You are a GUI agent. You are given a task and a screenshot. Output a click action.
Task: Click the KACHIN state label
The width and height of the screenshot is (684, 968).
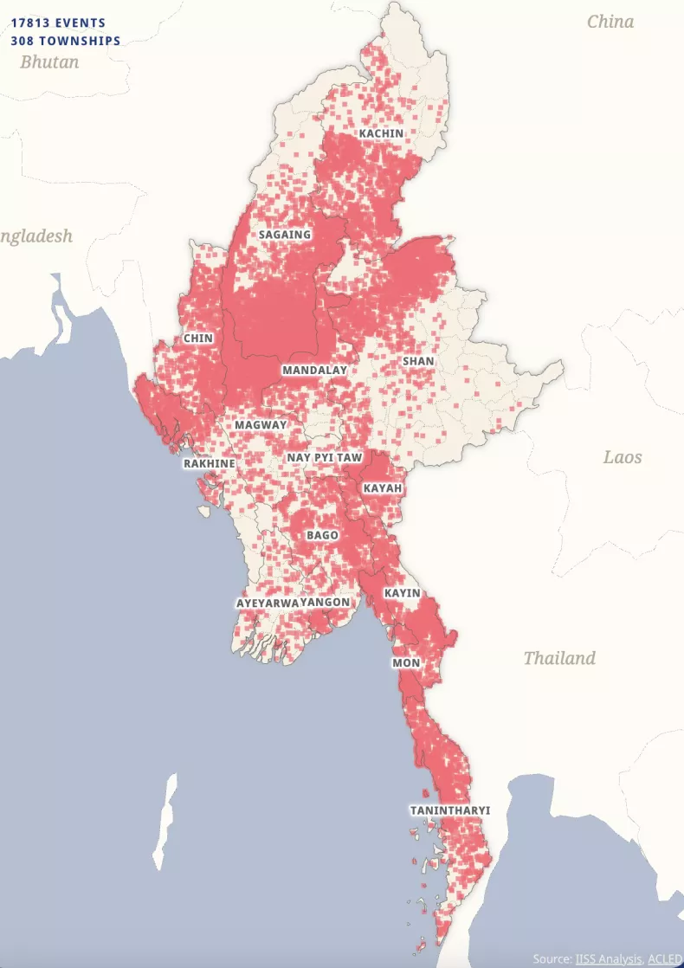(381, 133)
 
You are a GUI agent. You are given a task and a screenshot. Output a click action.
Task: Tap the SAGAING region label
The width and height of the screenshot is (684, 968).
(285, 235)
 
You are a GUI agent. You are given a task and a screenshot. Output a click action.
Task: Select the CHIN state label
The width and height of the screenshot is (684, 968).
(197, 339)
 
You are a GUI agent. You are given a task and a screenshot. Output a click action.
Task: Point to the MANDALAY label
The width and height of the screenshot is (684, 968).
(314, 371)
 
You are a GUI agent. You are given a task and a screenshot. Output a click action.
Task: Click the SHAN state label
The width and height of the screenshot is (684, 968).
(418, 361)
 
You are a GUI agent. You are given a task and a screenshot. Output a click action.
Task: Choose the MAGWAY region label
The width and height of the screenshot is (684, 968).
(261, 426)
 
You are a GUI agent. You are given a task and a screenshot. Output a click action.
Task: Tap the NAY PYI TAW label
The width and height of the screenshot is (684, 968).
(325, 457)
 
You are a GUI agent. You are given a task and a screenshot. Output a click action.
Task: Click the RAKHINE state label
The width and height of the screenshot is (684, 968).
(209, 464)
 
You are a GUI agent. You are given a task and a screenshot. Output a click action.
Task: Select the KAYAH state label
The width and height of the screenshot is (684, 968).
(383, 489)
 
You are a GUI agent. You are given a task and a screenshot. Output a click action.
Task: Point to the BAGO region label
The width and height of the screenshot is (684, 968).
(322, 536)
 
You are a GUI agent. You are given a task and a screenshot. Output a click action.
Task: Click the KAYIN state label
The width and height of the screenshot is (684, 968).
(402, 594)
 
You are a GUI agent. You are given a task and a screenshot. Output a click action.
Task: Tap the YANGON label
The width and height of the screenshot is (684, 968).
(326, 603)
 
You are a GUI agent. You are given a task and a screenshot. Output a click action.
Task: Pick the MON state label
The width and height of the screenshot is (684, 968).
(406, 663)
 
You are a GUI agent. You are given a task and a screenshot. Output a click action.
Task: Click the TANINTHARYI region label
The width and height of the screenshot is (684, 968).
(449, 811)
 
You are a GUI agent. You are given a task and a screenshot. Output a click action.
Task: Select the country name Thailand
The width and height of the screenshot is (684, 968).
(559, 658)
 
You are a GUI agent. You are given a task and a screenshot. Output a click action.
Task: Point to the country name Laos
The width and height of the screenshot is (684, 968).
(623, 456)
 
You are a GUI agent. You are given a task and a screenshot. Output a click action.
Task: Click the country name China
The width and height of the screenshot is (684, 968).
(610, 22)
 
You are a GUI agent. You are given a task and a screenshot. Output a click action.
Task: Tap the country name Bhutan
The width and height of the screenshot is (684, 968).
(49, 61)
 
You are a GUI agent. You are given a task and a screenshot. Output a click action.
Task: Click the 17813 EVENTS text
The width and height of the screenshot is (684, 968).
(58, 23)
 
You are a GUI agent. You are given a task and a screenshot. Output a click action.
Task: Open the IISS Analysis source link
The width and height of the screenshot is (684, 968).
(609, 958)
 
